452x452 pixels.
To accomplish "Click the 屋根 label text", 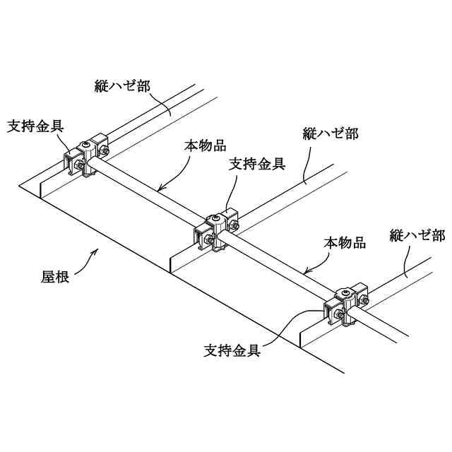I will click(54, 276).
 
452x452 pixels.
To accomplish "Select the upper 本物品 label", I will click(205, 145).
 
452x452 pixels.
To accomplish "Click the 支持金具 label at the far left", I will click(36, 126).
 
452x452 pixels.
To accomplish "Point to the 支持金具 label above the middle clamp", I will click(258, 164).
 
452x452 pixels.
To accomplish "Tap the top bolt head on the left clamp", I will click(85, 145).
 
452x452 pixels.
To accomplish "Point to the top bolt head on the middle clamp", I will click(215, 220).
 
